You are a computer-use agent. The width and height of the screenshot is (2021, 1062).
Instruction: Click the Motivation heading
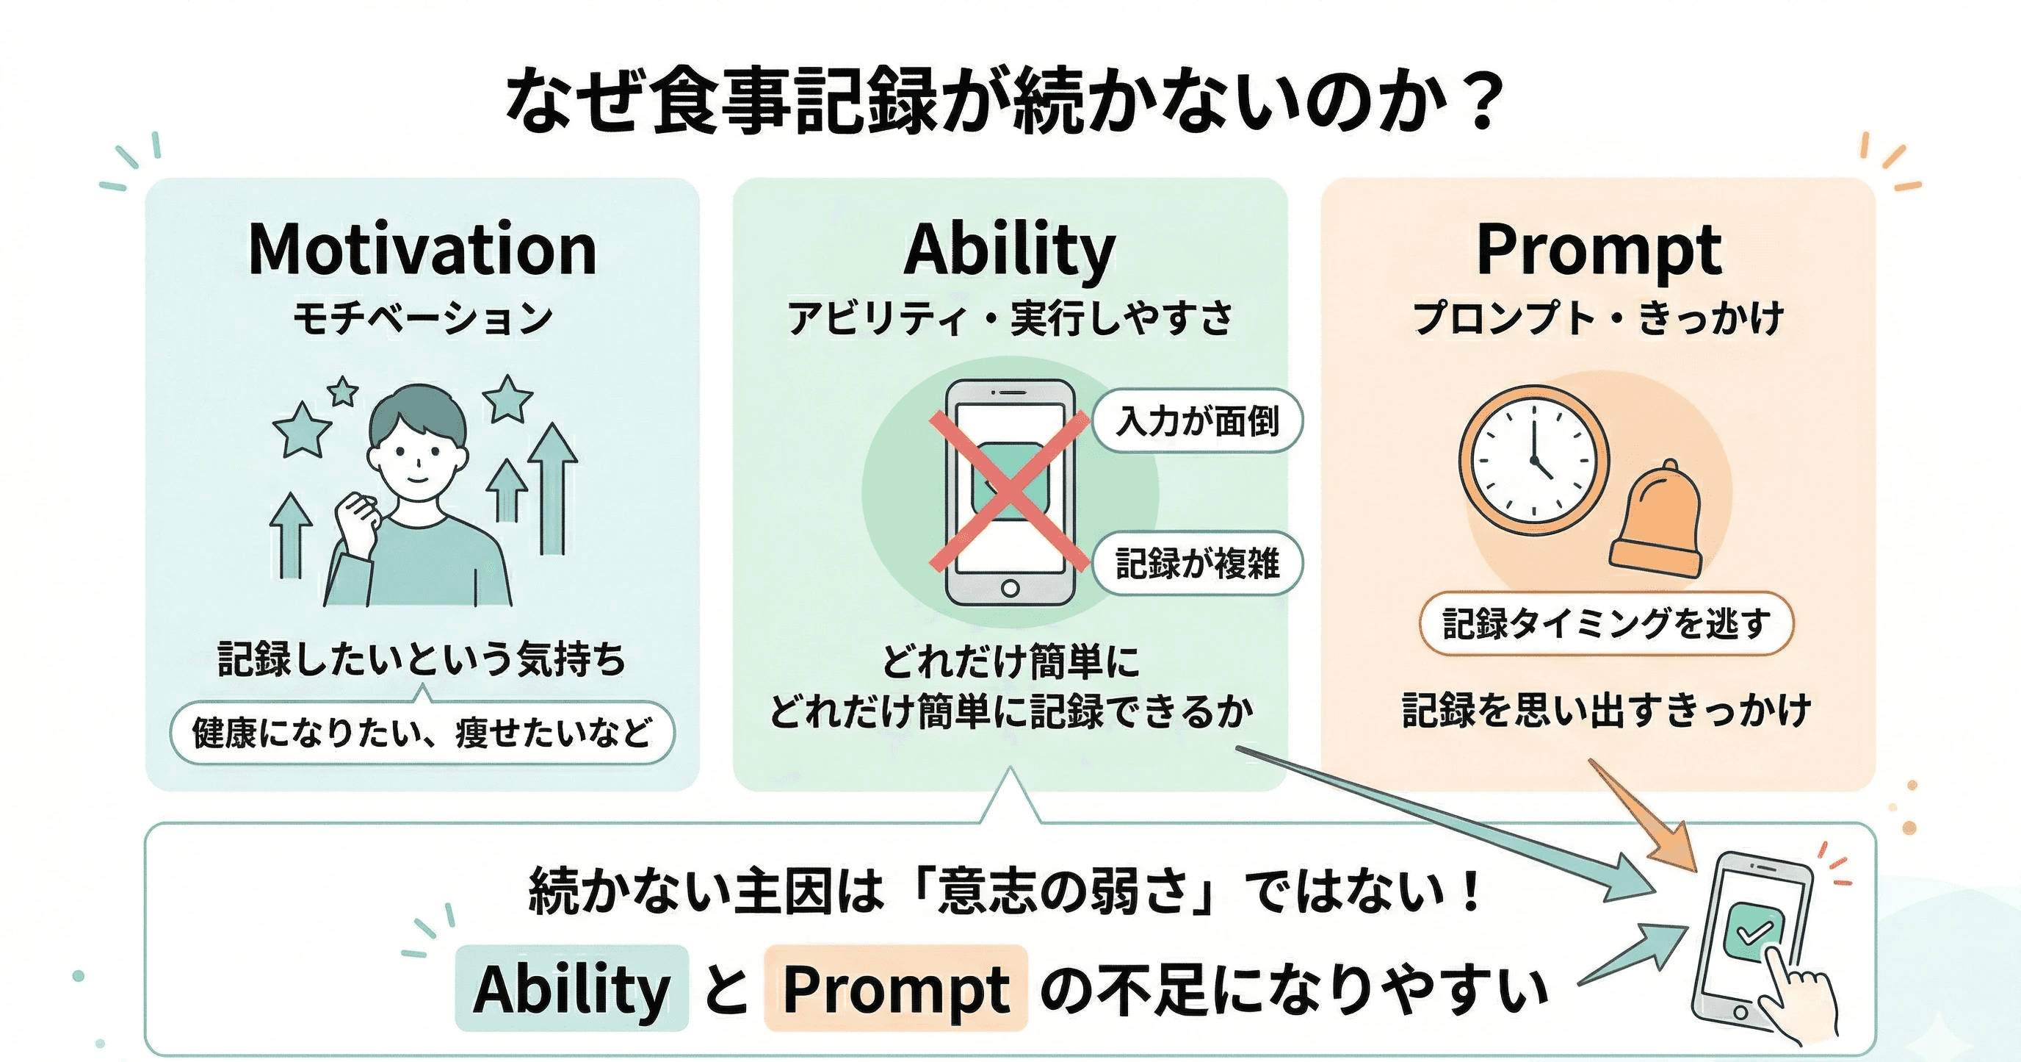pos(422,250)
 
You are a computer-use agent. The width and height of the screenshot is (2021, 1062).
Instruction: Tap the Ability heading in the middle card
pos(1010,250)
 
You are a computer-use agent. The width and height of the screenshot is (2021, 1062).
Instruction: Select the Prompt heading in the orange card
pos(1598,250)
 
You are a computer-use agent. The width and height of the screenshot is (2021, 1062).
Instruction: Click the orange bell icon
pos(1657,522)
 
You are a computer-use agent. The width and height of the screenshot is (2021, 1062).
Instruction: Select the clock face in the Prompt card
pos(1533,461)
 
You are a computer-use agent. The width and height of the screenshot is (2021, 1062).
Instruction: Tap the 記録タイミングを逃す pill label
pos(1606,624)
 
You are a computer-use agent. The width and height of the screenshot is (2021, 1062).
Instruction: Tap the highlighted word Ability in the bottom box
pos(571,989)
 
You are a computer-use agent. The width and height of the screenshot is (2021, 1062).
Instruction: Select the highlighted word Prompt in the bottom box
pos(896,989)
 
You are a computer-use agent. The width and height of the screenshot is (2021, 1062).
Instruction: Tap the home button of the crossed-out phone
pos(1010,588)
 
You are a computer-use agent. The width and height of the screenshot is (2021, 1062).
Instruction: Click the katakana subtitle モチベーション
pos(422,319)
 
